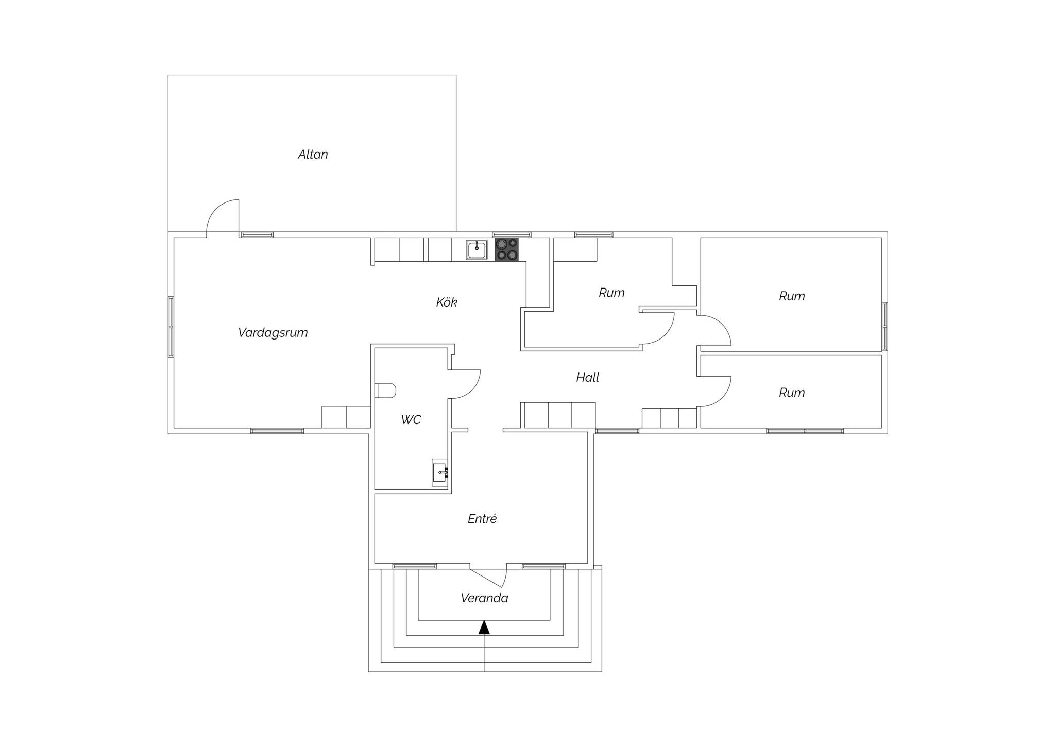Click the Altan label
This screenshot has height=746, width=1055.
pos(313,154)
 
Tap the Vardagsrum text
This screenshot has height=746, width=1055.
pos(273,333)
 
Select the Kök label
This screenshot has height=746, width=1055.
pos(447,302)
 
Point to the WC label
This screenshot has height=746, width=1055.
pos(411,420)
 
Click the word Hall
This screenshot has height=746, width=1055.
pos(588,378)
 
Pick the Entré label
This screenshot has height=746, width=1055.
pos(482,519)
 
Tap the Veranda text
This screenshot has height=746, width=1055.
pos(484,598)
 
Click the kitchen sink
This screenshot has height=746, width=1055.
pos(477,250)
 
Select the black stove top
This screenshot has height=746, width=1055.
pos(506,250)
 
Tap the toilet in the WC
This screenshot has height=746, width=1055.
pos(385,391)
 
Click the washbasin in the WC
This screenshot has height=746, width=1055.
pos(440,472)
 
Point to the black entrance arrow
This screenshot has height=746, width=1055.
pos(484,627)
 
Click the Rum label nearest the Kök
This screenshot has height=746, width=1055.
pos(611,293)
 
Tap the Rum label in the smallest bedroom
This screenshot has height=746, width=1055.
pos(792,393)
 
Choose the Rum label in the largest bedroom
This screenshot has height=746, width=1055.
pos(792,296)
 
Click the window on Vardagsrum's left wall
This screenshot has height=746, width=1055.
pos(171,327)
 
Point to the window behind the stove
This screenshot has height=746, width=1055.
pos(512,235)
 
